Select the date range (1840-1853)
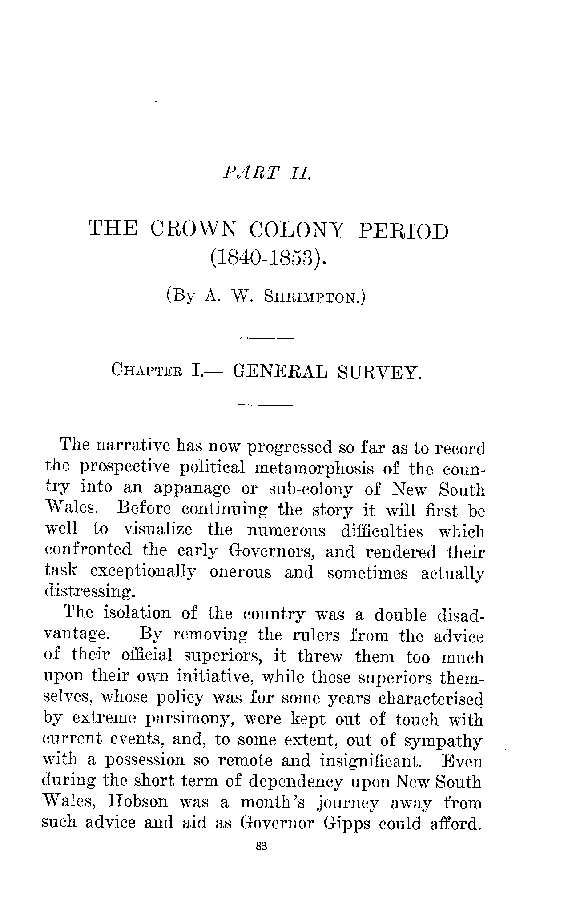tap(268, 258)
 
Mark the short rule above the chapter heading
tap(266, 339)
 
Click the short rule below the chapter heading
tap(266, 405)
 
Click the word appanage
tap(192, 489)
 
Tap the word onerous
tap(240, 572)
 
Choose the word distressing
tap(89, 592)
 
